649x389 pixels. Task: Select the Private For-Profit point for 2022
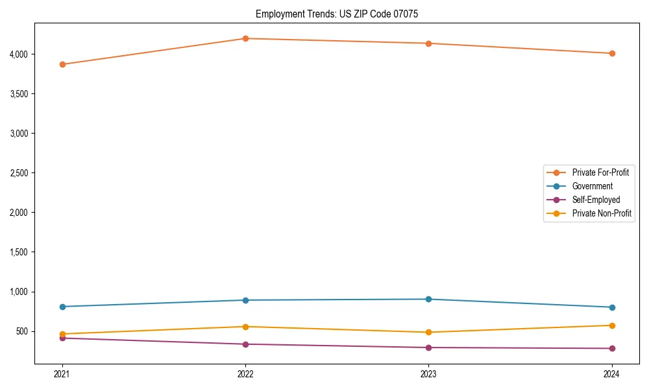click(x=245, y=38)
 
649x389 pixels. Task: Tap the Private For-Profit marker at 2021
click(x=62, y=64)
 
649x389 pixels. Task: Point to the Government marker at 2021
click(x=62, y=307)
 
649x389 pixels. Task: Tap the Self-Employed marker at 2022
click(x=245, y=344)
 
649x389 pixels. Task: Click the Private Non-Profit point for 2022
click(x=245, y=327)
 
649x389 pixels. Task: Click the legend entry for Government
click(x=592, y=186)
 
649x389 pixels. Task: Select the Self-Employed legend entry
click(x=596, y=200)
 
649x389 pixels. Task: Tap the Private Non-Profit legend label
click(x=602, y=213)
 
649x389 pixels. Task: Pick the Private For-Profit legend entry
click(x=600, y=172)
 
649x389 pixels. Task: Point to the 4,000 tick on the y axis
click(x=18, y=54)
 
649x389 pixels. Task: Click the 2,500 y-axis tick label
click(x=18, y=173)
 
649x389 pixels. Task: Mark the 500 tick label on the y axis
click(x=21, y=331)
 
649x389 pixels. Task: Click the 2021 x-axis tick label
click(x=62, y=373)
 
